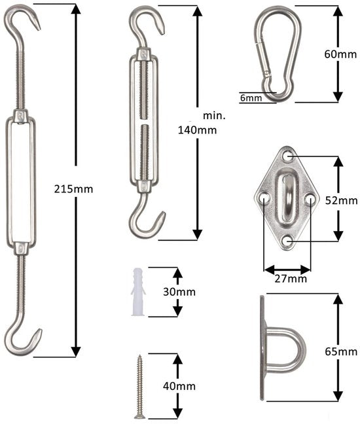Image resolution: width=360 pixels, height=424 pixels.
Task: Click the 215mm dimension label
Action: tap(73, 188)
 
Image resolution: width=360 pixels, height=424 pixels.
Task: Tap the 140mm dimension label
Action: tap(197, 130)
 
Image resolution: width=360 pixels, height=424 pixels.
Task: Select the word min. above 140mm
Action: tap(214, 116)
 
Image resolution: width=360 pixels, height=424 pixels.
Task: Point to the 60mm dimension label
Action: tap(340, 54)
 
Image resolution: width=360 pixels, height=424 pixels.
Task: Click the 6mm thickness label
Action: tap(251, 98)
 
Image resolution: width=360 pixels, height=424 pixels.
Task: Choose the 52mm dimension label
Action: tap(341, 200)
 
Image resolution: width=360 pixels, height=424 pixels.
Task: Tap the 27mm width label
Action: tap(291, 279)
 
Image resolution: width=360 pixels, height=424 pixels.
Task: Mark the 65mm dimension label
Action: tap(341, 351)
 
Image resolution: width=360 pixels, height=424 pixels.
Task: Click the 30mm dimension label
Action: tap(179, 292)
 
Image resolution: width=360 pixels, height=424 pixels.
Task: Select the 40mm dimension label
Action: tap(179, 386)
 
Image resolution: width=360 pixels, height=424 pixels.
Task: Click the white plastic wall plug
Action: tap(138, 292)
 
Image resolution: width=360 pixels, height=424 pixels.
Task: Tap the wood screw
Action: tap(139, 387)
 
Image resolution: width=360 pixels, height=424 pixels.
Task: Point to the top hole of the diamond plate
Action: tap(288, 156)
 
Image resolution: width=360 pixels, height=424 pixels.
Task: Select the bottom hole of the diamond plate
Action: tap(288, 240)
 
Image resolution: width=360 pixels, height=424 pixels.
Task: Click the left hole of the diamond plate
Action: tap(264, 198)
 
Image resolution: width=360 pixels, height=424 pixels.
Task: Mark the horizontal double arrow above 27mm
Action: tap(287, 269)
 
